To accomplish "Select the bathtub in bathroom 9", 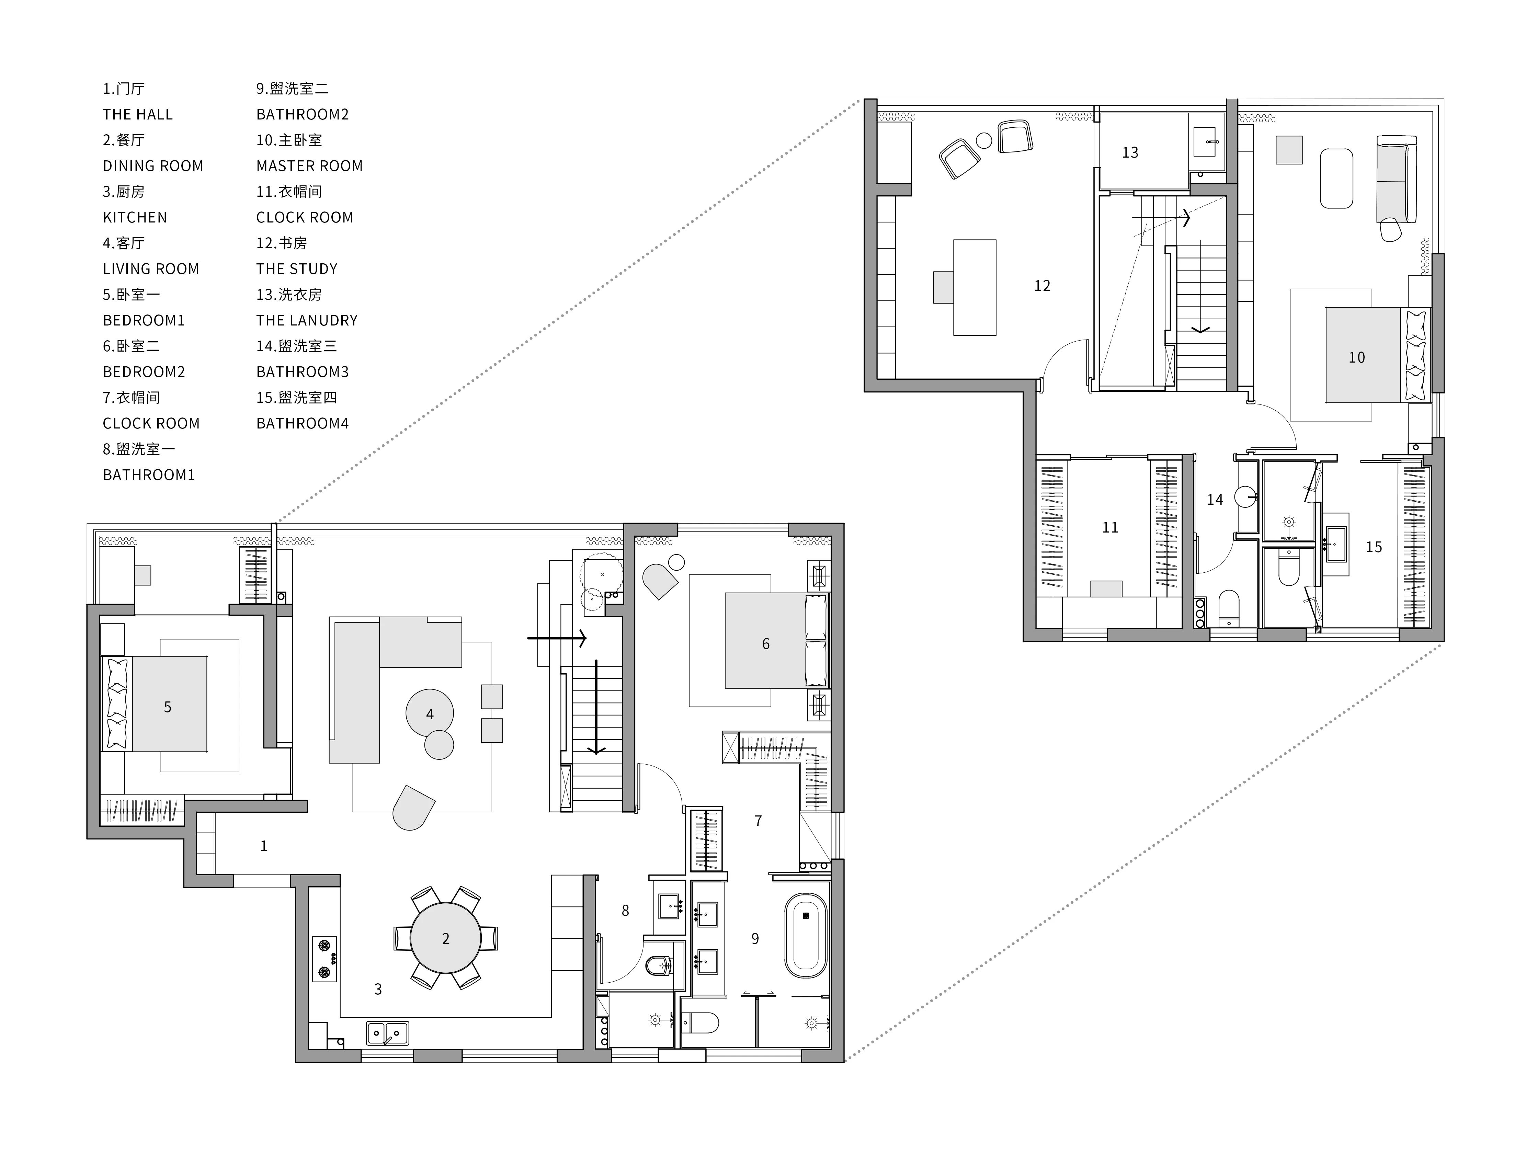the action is (806, 936).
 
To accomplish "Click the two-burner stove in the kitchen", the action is (324, 958).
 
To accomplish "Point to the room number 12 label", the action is (1042, 286).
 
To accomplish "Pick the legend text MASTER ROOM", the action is (309, 165).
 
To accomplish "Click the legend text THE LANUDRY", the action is (307, 320).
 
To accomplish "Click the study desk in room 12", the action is (974, 287).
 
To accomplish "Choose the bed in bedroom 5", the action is (155, 704).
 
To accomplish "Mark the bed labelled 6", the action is (776, 640).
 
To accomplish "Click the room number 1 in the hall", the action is (263, 846).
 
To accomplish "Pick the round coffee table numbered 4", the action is (429, 713).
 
